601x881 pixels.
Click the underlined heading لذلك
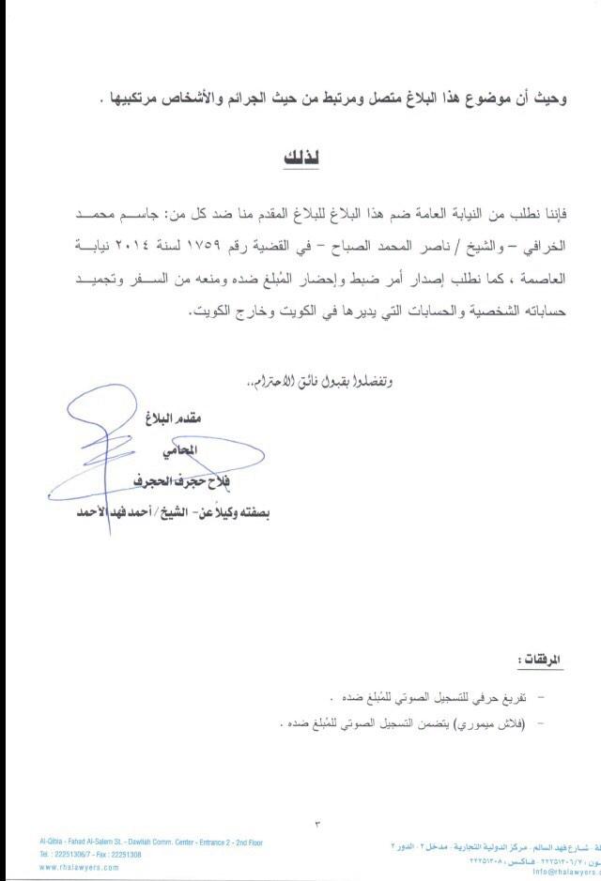coord(301,157)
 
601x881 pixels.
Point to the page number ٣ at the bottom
coord(316,824)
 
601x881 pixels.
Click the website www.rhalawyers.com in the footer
coord(79,868)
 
